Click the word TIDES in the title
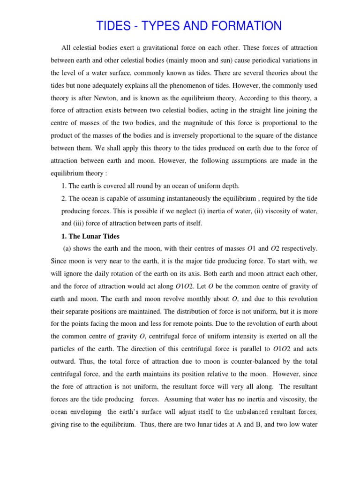[x=113, y=26]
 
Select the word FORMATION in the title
[x=243, y=26]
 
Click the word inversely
[x=213, y=136]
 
